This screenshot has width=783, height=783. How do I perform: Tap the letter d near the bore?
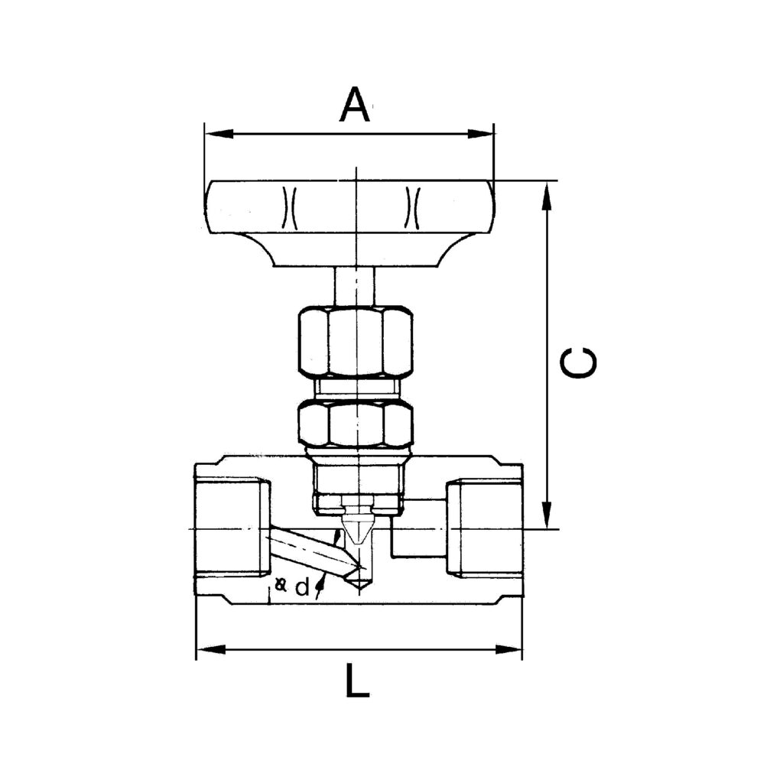pyautogui.click(x=302, y=588)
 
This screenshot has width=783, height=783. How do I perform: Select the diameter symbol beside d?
pyautogui.click(x=281, y=586)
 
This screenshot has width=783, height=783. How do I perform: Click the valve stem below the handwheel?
pyautogui.click(x=355, y=286)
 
